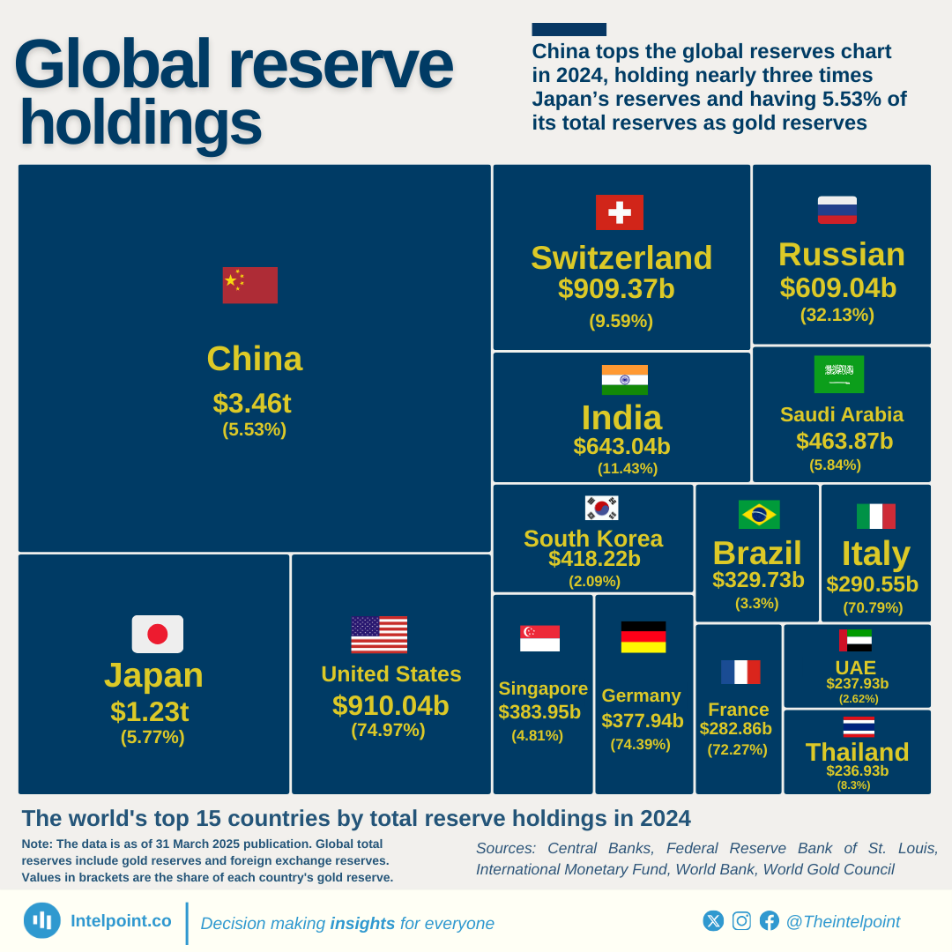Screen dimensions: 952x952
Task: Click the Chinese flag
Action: (x=249, y=285)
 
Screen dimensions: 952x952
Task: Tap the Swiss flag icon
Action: (x=619, y=212)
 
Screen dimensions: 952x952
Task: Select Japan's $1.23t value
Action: (x=149, y=711)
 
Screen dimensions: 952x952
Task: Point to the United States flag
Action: (x=379, y=635)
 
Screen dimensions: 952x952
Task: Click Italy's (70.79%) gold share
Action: (x=873, y=607)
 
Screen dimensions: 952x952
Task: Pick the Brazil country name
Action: (x=757, y=554)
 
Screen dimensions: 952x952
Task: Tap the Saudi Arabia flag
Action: (x=839, y=375)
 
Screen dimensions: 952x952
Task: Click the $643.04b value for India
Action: (x=621, y=446)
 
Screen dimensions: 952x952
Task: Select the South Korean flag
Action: (x=601, y=508)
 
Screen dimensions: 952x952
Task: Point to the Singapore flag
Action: (x=539, y=638)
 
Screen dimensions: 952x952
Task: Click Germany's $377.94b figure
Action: (x=643, y=721)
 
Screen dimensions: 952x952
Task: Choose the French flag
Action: (x=740, y=672)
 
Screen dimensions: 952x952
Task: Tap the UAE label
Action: (x=856, y=667)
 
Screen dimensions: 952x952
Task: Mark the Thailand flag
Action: (x=859, y=727)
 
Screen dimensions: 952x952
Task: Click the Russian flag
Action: (x=837, y=210)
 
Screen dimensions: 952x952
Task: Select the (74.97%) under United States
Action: (x=388, y=730)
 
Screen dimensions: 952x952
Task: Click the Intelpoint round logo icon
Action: (x=42, y=920)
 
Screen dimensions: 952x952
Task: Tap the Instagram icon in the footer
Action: (x=742, y=920)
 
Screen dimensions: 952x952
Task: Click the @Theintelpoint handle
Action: (x=843, y=921)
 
